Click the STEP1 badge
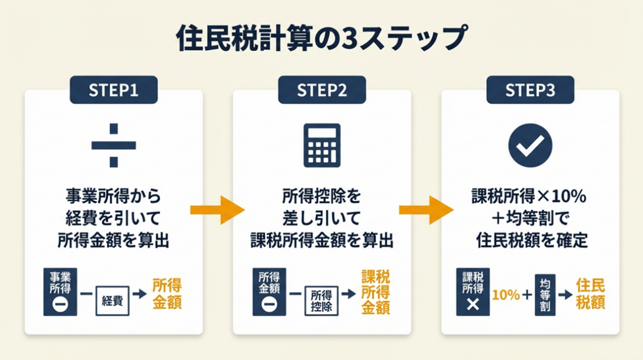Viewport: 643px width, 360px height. [x=114, y=90]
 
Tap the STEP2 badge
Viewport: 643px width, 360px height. [x=322, y=90]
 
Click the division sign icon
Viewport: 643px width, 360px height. [x=114, y=145]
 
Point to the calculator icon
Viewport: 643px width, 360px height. [x=322, y=145]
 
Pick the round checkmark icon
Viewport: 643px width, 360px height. [x=530, y=145]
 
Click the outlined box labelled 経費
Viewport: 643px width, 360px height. [x=112, y=301]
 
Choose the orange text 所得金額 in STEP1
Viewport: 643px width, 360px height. [x=167, y=293]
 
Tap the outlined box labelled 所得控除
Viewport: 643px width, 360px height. [x=321, y=301]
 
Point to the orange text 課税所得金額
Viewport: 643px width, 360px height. [x=376, y=292]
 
